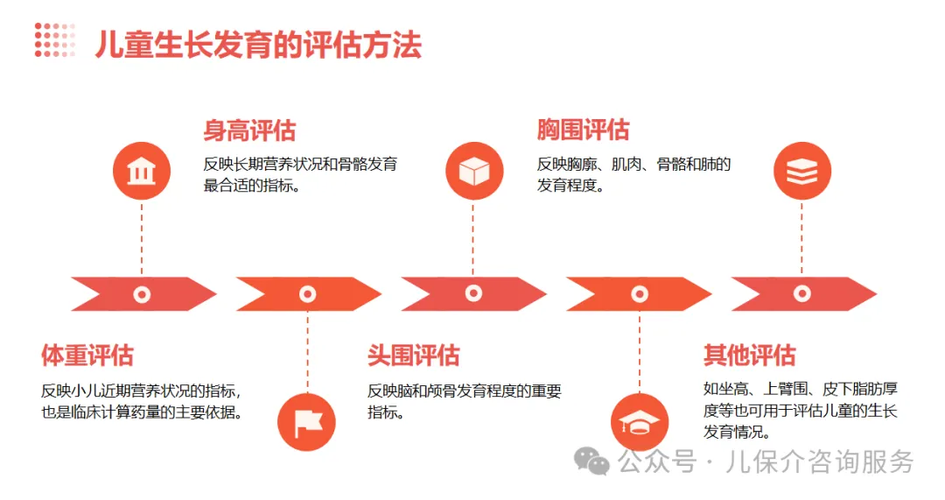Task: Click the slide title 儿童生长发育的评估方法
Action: (x=258, y=45)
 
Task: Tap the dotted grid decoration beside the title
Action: (x=54, y=40)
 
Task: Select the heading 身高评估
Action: (x=249, y=131)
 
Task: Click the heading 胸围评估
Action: (x=583, y=131)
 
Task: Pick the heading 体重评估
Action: (x=87, y=356)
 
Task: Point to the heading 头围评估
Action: (x=413, y=356)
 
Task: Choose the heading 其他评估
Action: (x=749, y=356)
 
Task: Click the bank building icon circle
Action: (x=141, y=172)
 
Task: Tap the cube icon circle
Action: (x=473, y=172)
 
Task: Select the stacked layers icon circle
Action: (x=801, y=172)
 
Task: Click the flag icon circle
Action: (x=307, y=423)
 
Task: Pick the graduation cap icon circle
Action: (x=640, y=423)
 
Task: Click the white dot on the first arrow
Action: (x=141, y=294)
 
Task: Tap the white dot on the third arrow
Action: (x=473, y=294)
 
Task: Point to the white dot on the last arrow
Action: (x=801, y=294)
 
